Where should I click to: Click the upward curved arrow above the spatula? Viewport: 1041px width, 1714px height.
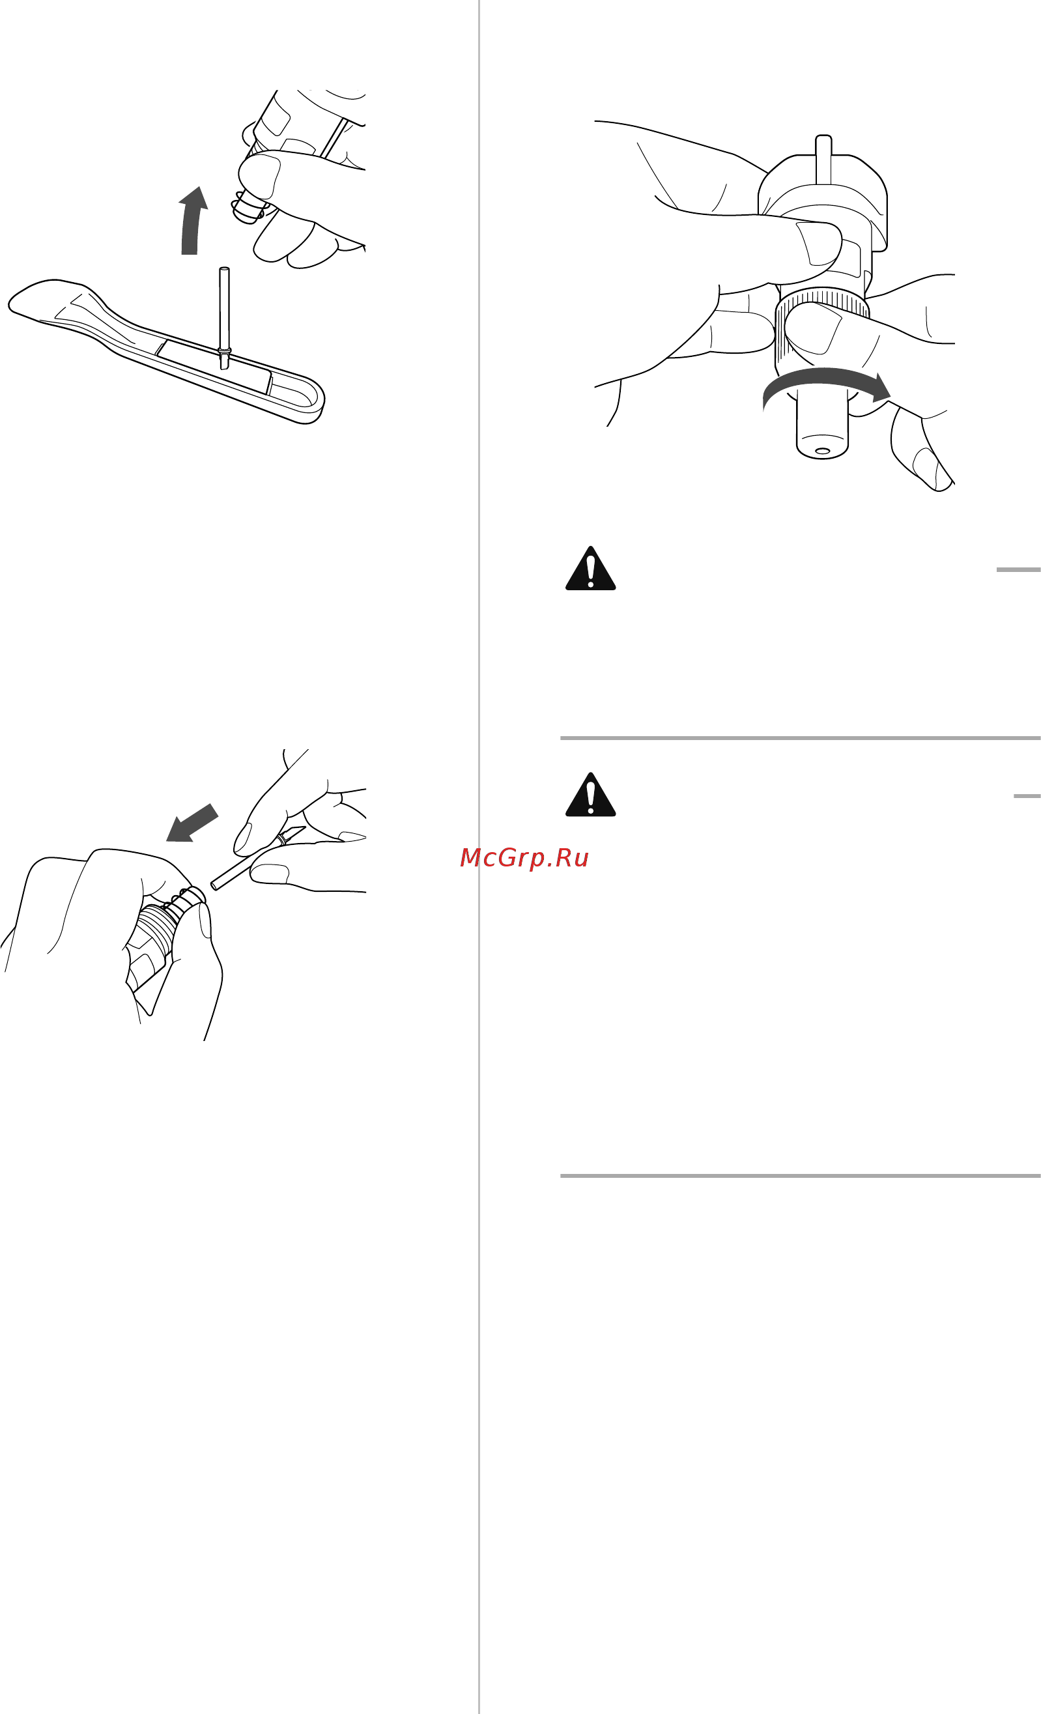pos(192,221)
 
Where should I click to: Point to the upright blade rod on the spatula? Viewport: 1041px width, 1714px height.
pos(224,317)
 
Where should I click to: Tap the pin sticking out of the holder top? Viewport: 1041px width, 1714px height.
pos(823,158)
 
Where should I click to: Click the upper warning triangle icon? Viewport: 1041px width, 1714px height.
pos(590,568)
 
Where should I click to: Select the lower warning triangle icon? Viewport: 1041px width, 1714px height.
pos(590,794)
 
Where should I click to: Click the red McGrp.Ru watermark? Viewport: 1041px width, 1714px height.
pos(524,858)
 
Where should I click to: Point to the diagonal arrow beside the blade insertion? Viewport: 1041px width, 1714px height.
pos(192,823)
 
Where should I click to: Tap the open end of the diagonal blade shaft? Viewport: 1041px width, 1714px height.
pos(214,885)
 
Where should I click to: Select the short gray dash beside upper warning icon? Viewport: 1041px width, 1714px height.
pos(1018,570)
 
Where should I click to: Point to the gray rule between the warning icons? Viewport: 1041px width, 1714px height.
pos(801,738)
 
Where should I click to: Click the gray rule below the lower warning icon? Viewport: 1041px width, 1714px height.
pos(801,1177)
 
